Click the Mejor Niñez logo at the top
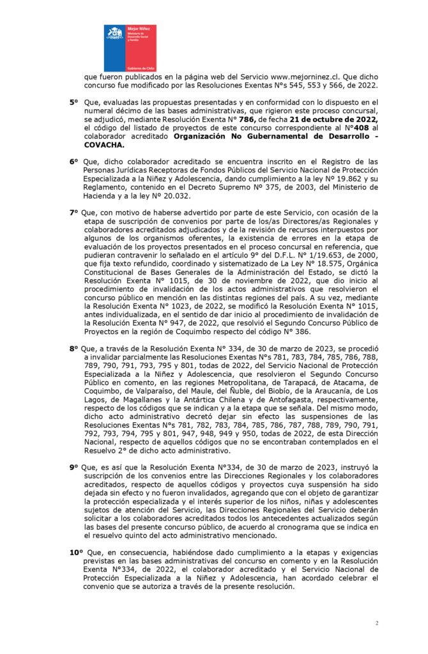(x=130, y=48)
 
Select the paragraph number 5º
(x=73, y=102)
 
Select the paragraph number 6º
(x=73, y=162)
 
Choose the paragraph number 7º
(x=73, y=213)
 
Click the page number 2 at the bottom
(x=377, y=623)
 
